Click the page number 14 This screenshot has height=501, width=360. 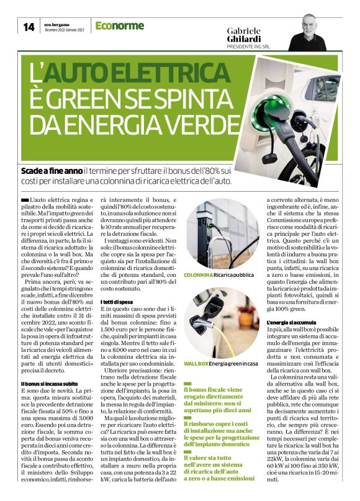click(29, 27)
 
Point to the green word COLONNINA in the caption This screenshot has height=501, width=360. click(198, 274)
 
